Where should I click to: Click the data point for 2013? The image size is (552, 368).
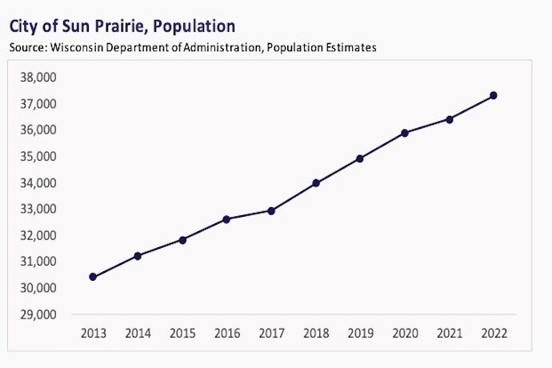click(x=93, y=277)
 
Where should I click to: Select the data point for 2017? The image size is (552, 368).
click(x=271, y=210)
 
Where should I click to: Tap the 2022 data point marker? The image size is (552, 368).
click(x=494, y=95)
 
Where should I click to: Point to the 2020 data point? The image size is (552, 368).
click(x=405, y=133)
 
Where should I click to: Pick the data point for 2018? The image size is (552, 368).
click(x=316, y=183)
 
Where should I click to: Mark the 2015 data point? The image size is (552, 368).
click(x=182, y=240)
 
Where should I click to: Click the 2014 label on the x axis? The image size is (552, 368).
click(x=138, y=332)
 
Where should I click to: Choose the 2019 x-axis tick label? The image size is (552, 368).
click(x=360, y=332)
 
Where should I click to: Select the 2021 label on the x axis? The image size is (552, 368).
click(x=449, y=332)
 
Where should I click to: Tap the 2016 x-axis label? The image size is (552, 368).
click(x=226, y=332)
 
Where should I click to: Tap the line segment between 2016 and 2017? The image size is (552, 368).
click(x=249, y=214)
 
